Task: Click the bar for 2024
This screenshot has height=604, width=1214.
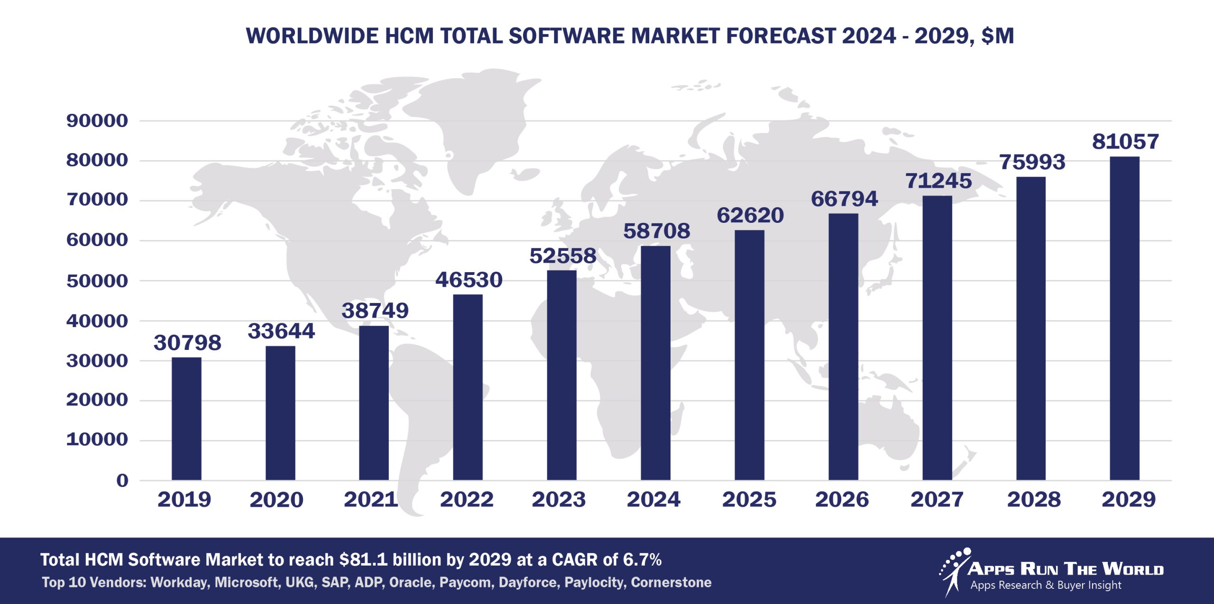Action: pos(655,363)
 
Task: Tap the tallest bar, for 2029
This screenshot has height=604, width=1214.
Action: pos(1124,318)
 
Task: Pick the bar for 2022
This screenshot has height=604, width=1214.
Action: pos(468,387)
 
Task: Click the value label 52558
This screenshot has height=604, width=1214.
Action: pos(563,256)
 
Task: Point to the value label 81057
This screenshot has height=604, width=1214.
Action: pos(1125,142)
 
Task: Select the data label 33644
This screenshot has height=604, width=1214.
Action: pos(281,331)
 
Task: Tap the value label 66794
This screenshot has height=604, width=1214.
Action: pos(844,199)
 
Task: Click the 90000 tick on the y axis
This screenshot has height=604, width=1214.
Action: pos(97,121)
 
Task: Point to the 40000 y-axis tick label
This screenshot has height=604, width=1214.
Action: pos(97,321)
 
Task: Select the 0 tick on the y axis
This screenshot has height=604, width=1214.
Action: pos(122,480)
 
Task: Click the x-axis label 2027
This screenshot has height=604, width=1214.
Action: pos(937,499)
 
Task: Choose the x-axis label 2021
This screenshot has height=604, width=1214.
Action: pos(371,499)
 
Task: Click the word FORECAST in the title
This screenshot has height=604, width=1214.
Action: pos(781,36)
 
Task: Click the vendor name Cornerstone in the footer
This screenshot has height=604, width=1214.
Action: pos(671,582)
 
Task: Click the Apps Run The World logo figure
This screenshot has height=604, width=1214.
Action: pos(954,571)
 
